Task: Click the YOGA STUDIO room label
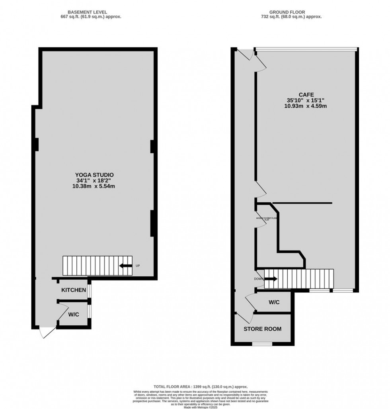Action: pyautogui.click(x=94, y=174)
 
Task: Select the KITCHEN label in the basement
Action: pyautogui.click(x=73, y=290)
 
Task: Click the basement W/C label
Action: pyautogui.click(x=73, y=314)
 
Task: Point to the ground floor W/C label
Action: pyautogui.click(x=274, y=302)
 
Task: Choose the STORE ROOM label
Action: pyautogui.click(x=262, y=329)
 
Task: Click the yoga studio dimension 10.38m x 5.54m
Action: pyautogui.click(x=95, y=186)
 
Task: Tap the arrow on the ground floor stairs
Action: pyautogui.click(x=272, y=279)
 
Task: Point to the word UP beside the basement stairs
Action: pyautogui.click(x=138, y=266)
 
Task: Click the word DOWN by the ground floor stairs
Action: pyautogui.click(x=259, y=279)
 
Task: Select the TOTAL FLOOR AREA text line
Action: pyautogui.click(x=201, y=387)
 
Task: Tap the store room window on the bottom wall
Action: pyautogui.click(x=262, y=344)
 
